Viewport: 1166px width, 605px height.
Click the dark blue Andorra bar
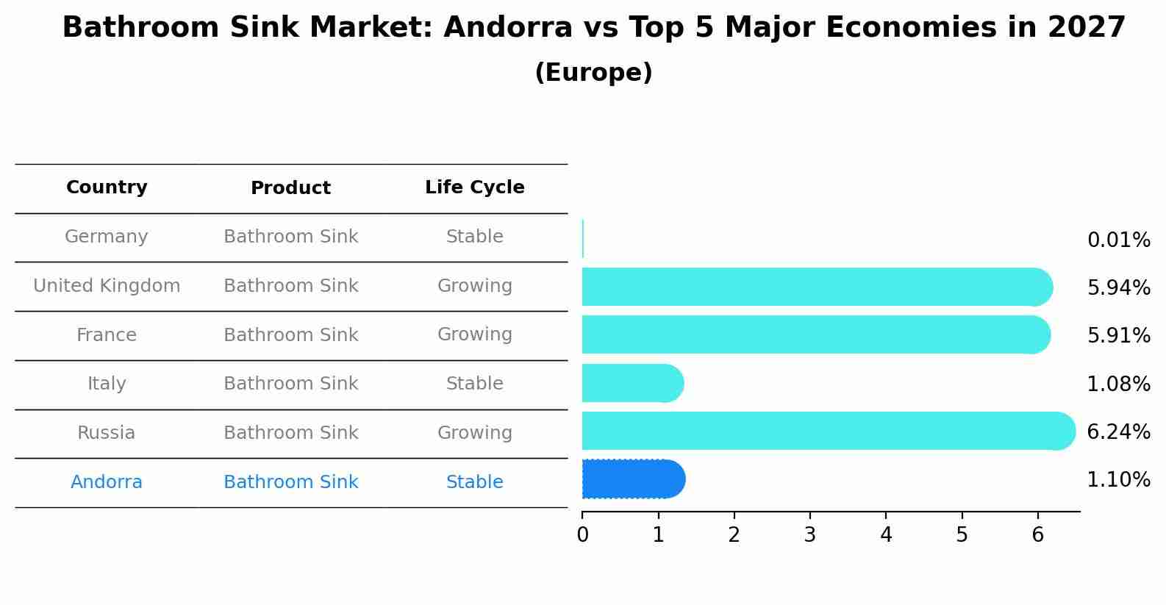(633, 479)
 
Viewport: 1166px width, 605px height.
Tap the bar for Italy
(632, 383)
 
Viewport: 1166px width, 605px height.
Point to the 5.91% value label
(1118, 336)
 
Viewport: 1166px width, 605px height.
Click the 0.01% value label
(1118, 240)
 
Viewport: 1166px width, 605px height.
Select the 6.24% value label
(1118, 432)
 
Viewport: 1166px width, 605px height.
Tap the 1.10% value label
(1118, 480)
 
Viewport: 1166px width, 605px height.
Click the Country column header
(107, 187)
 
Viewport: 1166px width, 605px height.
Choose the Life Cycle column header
(474, 187)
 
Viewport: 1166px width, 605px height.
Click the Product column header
(290, 188)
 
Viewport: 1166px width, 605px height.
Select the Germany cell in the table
(107, 237)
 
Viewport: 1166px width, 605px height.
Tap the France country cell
(107, 335)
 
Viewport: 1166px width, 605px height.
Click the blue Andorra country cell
(107, 482)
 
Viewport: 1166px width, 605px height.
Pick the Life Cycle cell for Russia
(474, 433)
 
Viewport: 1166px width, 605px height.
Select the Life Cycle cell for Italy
(474, 384)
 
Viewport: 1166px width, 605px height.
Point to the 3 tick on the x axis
(809, 535)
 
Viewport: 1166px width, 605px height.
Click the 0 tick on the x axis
(582, 535)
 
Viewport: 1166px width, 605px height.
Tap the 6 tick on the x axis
(1037, 535)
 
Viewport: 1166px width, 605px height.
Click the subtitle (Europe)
(593, 73)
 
